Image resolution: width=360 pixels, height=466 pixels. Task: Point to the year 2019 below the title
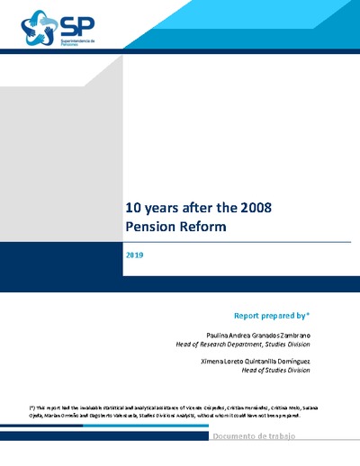(x=134, y=255)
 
